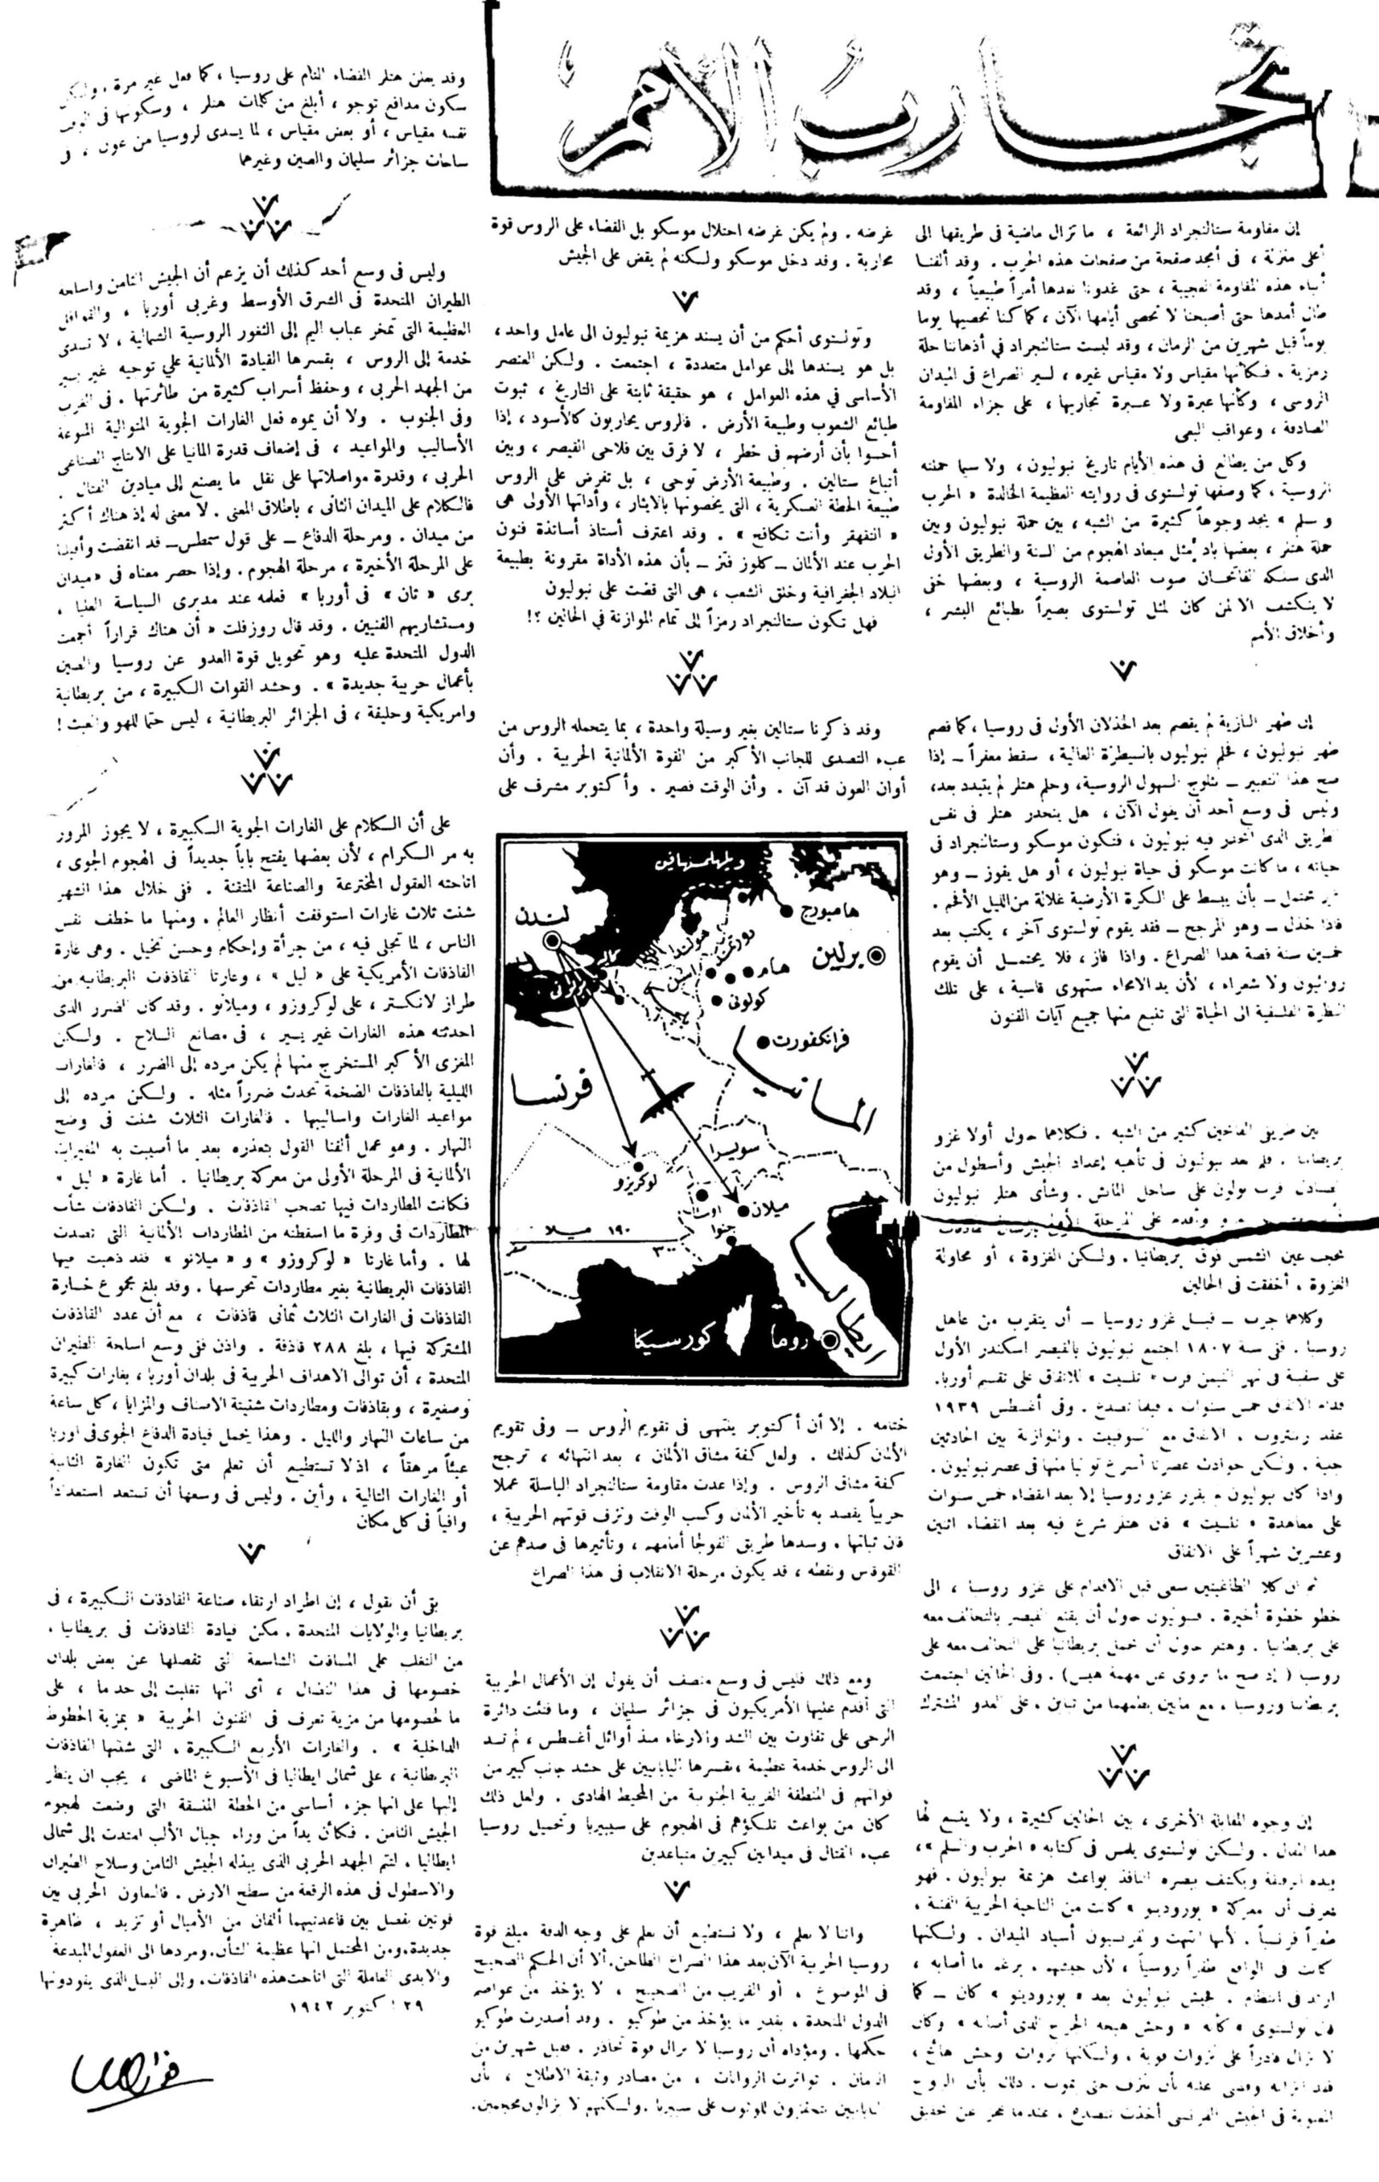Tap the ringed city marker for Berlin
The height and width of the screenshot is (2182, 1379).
(875, 954)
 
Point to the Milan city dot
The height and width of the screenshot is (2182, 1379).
(743, 1209)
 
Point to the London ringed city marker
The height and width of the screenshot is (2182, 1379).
(551, 944)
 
